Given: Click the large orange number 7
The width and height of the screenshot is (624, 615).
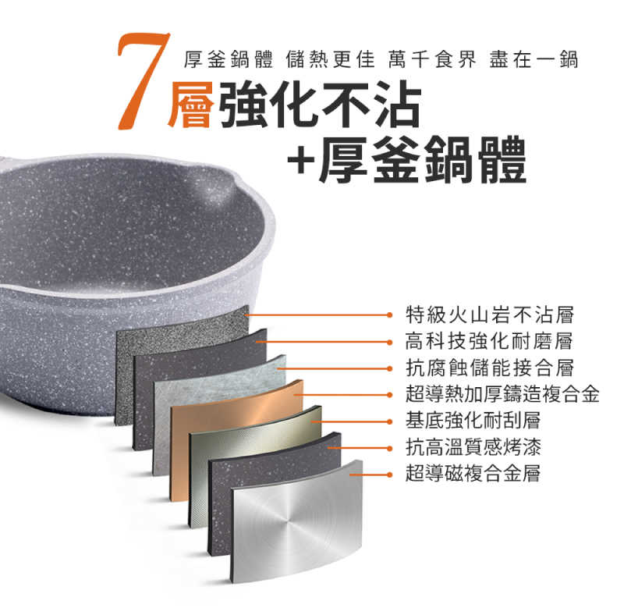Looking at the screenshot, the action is click(144, 81).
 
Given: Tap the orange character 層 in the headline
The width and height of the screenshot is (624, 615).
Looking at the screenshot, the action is click(190, 105).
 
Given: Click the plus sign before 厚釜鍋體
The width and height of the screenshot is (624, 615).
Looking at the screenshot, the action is click(301, 162).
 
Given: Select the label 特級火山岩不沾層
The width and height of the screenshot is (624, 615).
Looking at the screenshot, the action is click(490, 315).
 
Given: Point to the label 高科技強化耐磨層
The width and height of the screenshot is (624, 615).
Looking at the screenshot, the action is click(490, 341).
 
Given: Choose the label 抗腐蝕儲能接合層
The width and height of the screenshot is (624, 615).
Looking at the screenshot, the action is click(490, 368).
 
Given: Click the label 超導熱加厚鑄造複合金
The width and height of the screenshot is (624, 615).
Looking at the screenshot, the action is click(502, 394).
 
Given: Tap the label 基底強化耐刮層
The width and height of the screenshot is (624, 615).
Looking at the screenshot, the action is click(473, 421).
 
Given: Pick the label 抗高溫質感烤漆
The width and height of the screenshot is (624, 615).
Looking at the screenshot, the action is click(473, 447).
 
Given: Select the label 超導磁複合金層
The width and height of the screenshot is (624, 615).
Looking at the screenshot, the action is click(473, 474).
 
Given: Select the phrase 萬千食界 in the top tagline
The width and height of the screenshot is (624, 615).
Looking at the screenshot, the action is click(432, 60).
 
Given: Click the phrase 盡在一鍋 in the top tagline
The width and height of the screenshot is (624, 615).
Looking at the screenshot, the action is click(534, 60).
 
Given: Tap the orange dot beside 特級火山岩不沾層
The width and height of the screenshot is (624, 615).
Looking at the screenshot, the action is click(389, 315).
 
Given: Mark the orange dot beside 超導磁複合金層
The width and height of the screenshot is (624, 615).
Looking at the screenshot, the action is click(389, 475).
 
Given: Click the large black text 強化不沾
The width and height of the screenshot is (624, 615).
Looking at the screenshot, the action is click(321, 105).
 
